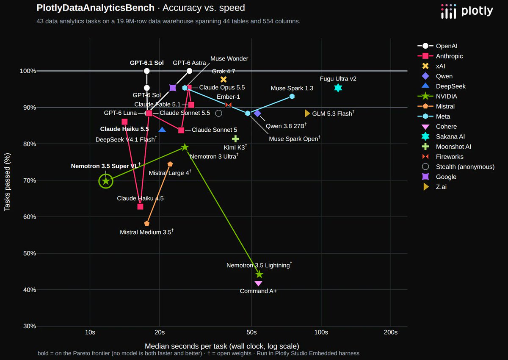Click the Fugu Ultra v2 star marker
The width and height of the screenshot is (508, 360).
(x=338, y=88)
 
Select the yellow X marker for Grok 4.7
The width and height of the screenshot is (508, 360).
(x=224, y=79)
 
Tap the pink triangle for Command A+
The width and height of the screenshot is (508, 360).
(x=258, y=283)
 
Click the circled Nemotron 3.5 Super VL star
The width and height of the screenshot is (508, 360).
(x=106, y=181)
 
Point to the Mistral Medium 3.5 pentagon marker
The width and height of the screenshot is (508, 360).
(x=147, y=224)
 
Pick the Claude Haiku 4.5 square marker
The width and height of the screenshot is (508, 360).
(x=141, y=206)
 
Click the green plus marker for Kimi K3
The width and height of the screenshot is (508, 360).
(x=235, y=138)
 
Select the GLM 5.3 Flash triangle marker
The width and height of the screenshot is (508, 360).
(x=307, y=113)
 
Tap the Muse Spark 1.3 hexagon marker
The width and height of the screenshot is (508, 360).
(x=292, y=97)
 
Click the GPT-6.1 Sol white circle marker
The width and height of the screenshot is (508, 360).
(x=147, y=71)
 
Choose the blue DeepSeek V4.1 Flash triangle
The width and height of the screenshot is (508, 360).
(x=162, y=130)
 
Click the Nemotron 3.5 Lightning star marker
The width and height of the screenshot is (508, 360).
(x=259, y=274)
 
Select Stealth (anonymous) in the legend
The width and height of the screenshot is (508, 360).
(x=458, y=167)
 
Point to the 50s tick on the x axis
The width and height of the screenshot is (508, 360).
(x=251, y=332)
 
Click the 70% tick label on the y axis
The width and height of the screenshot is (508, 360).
(x=30, y=180)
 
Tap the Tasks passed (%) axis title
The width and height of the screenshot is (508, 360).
(x=7, y=182)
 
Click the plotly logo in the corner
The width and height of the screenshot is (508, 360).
(x=467, y=11)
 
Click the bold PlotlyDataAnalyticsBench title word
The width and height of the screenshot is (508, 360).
(x=96, y=8)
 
